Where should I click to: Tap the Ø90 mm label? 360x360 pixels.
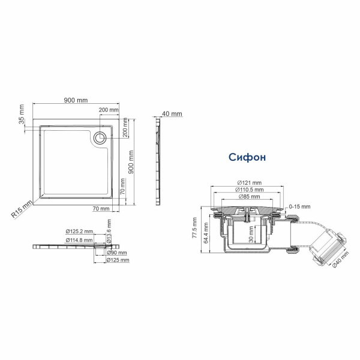coord(117,253)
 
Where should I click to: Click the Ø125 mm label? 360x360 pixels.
coord(119,260)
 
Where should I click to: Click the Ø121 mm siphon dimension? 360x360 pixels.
coord(249,182)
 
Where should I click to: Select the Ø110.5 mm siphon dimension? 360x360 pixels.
coord(249,190)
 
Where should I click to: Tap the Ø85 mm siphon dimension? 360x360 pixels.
coord(249,197)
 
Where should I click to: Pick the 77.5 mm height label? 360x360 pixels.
coord(194,229)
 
